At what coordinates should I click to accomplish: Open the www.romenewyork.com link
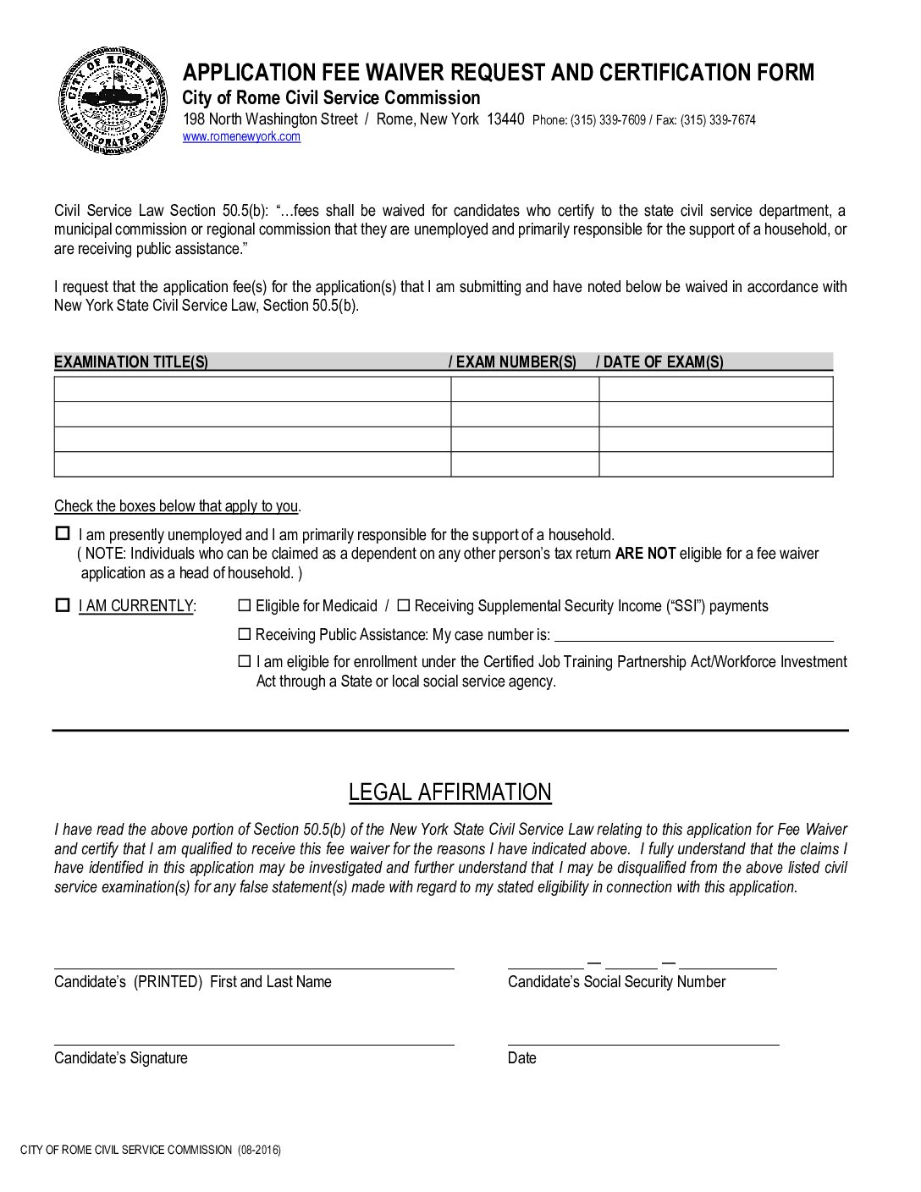click(241, 137)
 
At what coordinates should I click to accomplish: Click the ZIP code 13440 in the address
click(505, 119)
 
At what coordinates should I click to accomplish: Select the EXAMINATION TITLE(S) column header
click(131, 362)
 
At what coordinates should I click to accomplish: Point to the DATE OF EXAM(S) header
click(663, 362)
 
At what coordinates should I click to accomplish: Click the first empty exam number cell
click(524, 389)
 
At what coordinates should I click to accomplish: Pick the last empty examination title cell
click(252, 465)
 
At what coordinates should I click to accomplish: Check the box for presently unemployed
click(62, 534)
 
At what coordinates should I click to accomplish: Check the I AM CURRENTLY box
click(62, 605)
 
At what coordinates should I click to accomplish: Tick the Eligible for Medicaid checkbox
click(245, 605)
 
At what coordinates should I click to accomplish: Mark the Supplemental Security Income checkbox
click(404, 605)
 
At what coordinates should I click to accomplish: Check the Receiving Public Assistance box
click(245, 634)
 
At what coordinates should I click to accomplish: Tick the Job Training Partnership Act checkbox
click(245, 661)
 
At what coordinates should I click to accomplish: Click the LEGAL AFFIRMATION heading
click(449, 792)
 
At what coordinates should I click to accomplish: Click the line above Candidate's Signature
click(254, 1043)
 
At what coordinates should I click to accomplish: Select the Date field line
click(643, 1043)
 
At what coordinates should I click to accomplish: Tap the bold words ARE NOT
click(645, 554)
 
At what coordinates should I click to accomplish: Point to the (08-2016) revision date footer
click(259, 1150)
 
